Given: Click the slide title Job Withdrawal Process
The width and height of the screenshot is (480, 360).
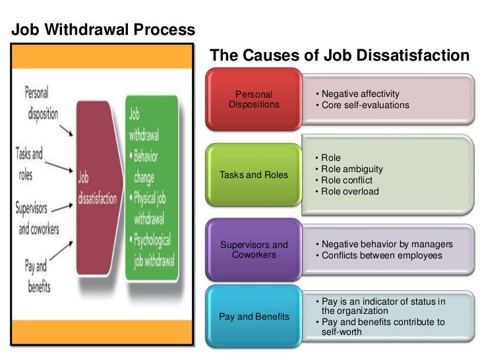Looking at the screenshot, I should (104, 30).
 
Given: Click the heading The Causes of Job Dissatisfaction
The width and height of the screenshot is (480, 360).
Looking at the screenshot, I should (339, 56).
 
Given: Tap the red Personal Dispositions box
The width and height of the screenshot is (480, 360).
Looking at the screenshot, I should (254, 100).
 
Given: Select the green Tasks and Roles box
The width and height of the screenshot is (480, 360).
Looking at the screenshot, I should (254, 175).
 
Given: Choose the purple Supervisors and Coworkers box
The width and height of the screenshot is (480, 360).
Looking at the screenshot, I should (254, 250).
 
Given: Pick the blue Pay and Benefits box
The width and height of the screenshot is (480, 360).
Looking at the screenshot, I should (254, 316).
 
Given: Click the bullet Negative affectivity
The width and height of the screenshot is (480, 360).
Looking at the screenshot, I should (360, 94).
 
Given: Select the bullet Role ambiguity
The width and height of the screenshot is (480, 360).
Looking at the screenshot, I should (352, 169).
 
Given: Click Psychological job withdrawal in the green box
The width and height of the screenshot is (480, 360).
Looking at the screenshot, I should (154, 248).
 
